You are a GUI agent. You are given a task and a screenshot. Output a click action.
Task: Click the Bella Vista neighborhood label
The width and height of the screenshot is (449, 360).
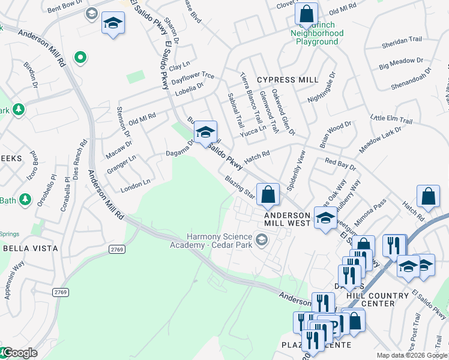[31, 248]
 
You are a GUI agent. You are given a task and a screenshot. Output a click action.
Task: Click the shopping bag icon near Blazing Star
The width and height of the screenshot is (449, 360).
[268, 194]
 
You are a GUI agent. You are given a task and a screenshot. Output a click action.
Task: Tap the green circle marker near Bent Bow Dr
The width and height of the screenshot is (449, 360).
[79, 58]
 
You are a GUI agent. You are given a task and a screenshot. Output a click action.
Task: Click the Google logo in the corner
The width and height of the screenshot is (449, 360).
[19, 353]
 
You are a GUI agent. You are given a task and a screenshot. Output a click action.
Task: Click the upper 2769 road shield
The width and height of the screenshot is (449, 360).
[117, 248]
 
